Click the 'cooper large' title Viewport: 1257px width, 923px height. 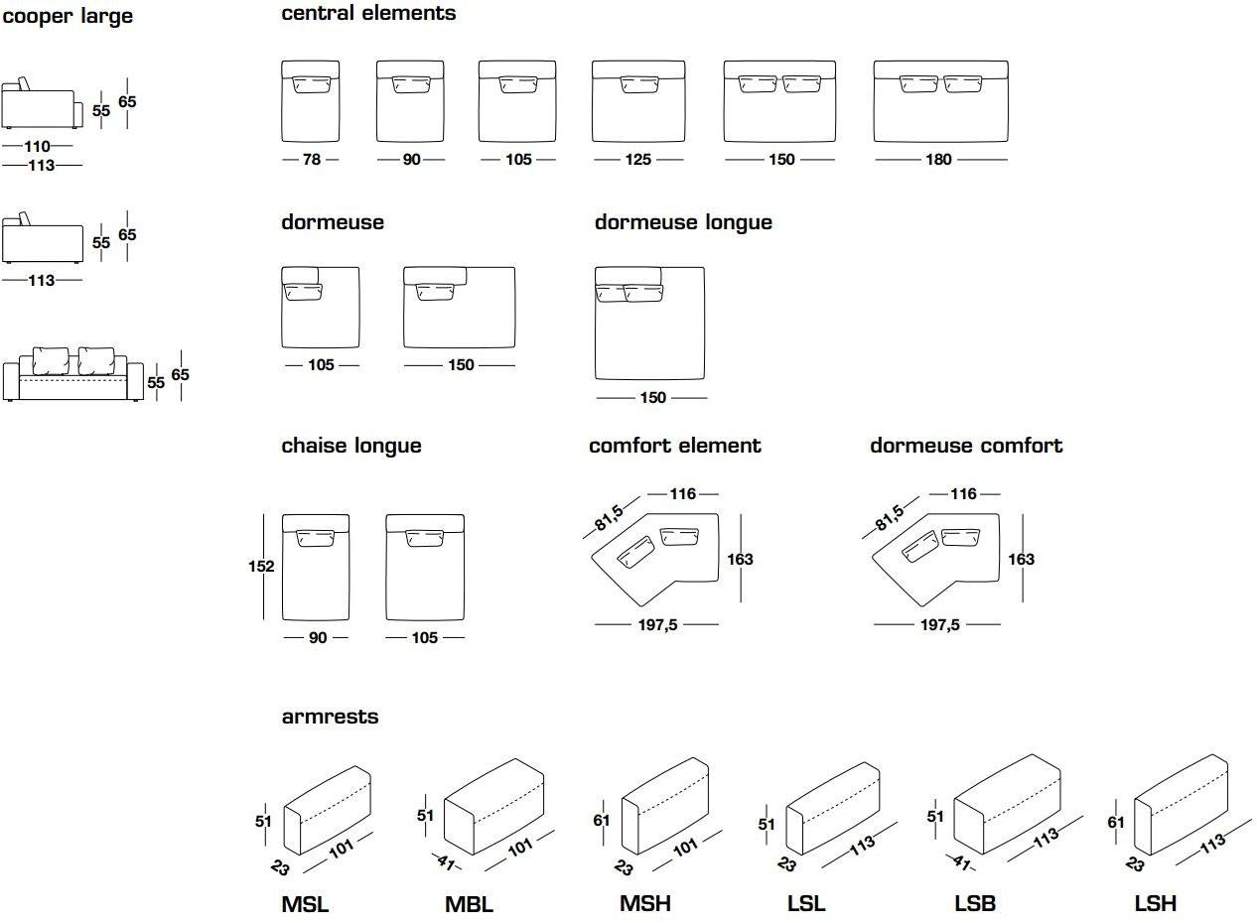(67, 17)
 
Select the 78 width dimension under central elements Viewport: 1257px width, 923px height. (311, 160)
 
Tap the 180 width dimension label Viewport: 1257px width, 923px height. (938, 160)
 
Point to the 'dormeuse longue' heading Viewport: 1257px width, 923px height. (683, 222)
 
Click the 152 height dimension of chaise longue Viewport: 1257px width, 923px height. (262, 567)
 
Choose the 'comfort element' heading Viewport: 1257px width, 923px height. (674, 446)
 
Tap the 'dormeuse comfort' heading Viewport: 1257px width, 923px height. (965, 446)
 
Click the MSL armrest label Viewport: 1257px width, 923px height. (305, 904)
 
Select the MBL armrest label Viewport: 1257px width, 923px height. (469, 904)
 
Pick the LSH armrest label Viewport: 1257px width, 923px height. (1155, 903)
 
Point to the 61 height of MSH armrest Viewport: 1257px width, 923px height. (603, 822)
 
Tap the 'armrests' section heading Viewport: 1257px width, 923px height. (330, 717)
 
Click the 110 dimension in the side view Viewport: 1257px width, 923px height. (38, 147)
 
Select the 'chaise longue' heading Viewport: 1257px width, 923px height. (350, 446)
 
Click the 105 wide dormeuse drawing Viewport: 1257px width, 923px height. (320, 307)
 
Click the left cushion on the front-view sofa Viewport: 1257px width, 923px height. (51, 360)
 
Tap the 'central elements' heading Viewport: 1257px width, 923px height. (368, 13)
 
